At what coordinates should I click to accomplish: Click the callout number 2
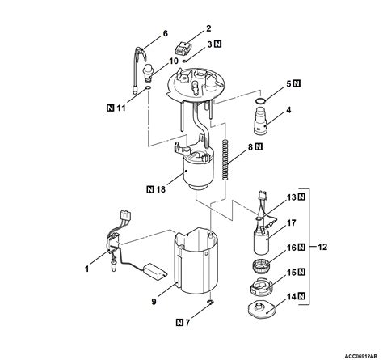(208, 28)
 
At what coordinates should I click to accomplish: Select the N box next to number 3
(217, 44)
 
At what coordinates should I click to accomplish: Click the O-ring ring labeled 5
(260, 101)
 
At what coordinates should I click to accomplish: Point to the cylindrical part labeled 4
(261, 121)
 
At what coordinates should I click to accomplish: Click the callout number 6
(165, 34)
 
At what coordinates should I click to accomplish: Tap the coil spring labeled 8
(226, 159)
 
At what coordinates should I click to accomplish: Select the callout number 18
(161, 189)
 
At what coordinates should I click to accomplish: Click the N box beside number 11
(110, 108)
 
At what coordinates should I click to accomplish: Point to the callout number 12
(322, 247)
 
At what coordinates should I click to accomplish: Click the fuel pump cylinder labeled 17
(261, 241)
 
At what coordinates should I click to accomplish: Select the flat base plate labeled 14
(262, 310)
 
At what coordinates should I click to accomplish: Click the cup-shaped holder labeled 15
(261, 288)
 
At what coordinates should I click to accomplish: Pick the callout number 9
(154, 301)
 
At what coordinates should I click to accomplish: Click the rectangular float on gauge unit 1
(155, 271)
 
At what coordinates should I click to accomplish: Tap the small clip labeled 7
(211, 302)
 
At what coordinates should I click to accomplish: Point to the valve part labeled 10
(148, 74)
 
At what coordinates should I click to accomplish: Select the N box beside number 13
(301, 197)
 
